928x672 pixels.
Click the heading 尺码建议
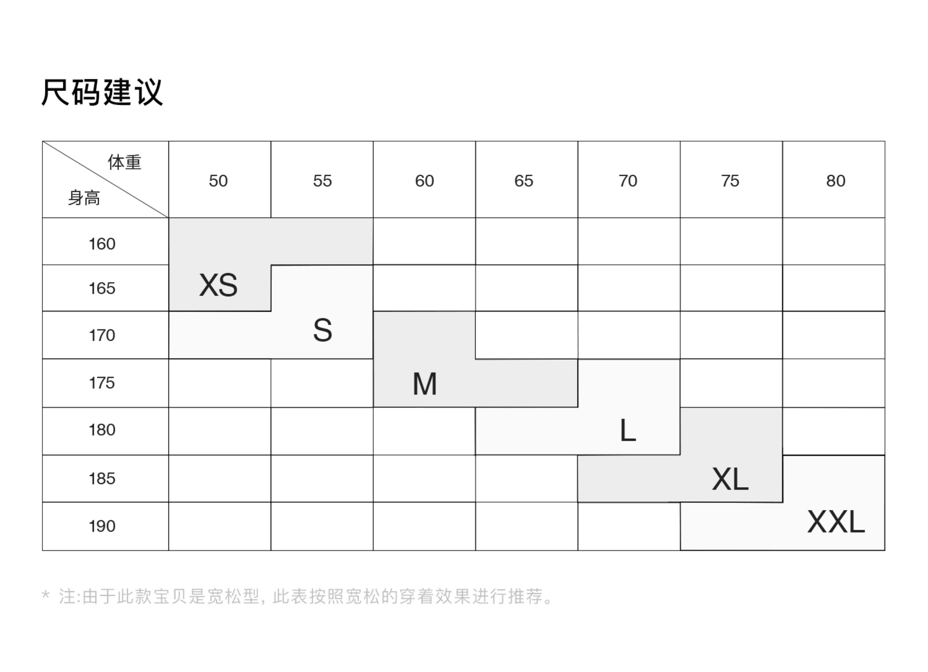(x=102, y=92)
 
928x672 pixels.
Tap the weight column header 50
(x=218, y=181)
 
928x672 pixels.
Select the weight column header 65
(x=524, y=181)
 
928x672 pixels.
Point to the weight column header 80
(x=836, y=181)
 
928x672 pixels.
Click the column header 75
(x=730, y=181)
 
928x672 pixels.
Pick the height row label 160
(x=102, y=244)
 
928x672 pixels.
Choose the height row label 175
(x=102, y=383)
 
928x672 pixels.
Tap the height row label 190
(x=102, y=526)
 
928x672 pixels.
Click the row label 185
(x=102, y=479)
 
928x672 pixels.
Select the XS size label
(x=218, y=285)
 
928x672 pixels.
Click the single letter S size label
(x=323, y=330)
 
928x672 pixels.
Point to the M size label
(x=425, y=384)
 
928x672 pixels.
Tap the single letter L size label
(x=628, y=431)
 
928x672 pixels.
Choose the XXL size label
(x=836, y=522)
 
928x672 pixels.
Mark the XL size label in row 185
(x=730, y=479)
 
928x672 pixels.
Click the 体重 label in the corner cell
(x=124, y=162)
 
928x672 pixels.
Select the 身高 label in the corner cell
(x=84, y=198)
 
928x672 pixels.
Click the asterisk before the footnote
(x=45, y=595)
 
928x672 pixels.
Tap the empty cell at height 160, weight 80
(x=833, y=241)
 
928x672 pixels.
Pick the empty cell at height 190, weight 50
(x=220, y=526)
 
